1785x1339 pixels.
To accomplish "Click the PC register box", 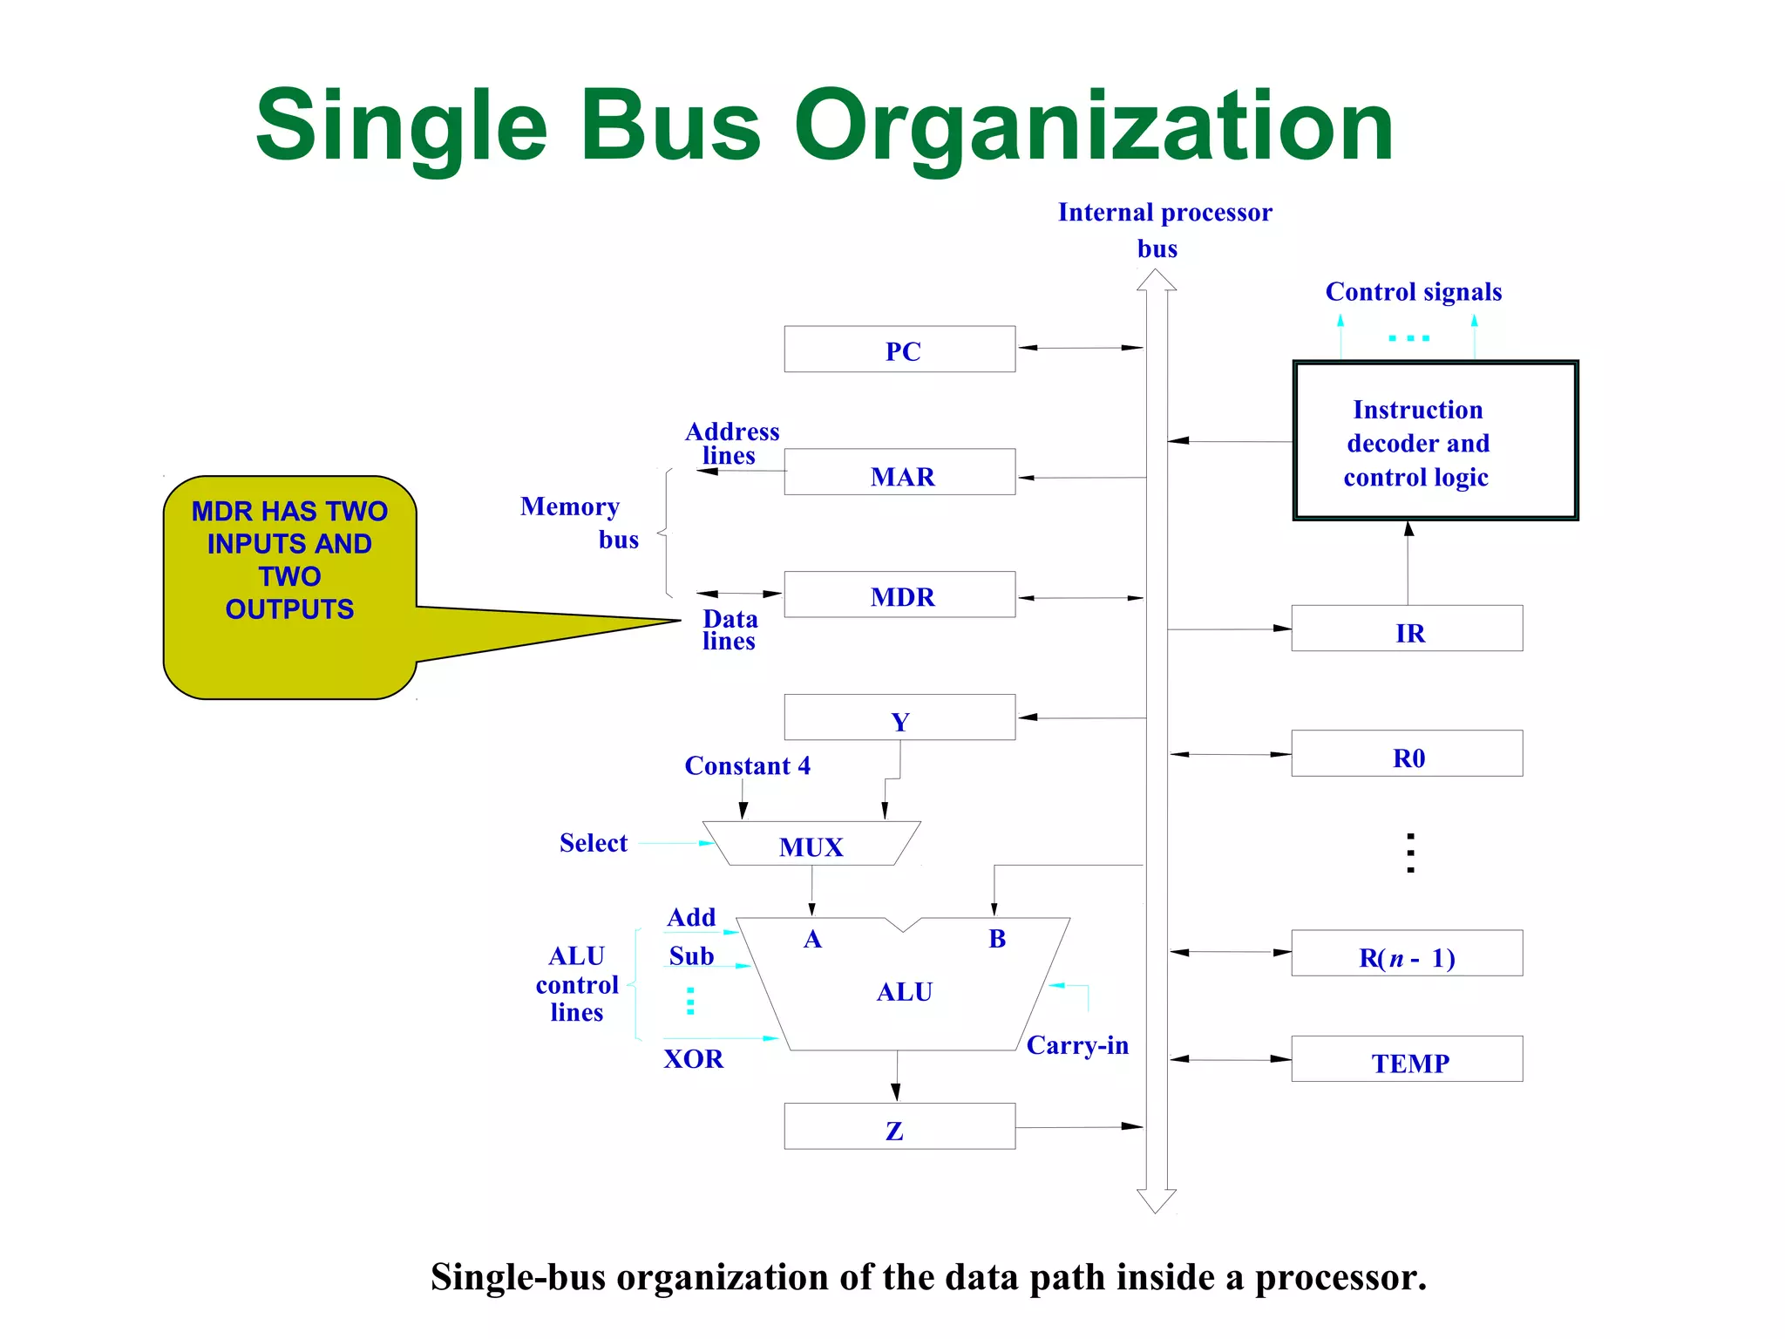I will tap(899, 350).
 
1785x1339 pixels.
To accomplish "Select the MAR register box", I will tap(899, 472).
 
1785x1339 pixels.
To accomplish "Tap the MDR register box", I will tap(899, 595).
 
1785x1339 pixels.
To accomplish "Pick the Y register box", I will tap(899, 717).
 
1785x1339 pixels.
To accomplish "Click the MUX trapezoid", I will tap(811, 844).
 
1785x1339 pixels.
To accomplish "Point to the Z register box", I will tap(899, 1126).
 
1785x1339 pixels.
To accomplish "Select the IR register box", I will tap(1407, 629).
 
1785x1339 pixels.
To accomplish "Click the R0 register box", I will tap(1407, 754).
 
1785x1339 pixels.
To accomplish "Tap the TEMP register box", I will tap(1407, 1059).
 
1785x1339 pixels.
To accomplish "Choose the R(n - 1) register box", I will tap(1407, 954).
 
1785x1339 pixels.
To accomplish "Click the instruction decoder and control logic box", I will tap(1435, 441).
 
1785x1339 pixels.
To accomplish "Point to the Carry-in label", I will tap(1077, 1045).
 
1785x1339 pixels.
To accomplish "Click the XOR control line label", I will tap(694, 1059).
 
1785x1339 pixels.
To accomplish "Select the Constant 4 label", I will tap(747, 766).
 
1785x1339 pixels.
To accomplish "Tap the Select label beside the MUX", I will tap(593, 843).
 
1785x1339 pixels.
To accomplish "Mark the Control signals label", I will tap(1413, 292).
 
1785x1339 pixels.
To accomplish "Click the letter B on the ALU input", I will tap(997, 939).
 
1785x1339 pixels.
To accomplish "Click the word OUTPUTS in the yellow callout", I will tap(289, 609).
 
